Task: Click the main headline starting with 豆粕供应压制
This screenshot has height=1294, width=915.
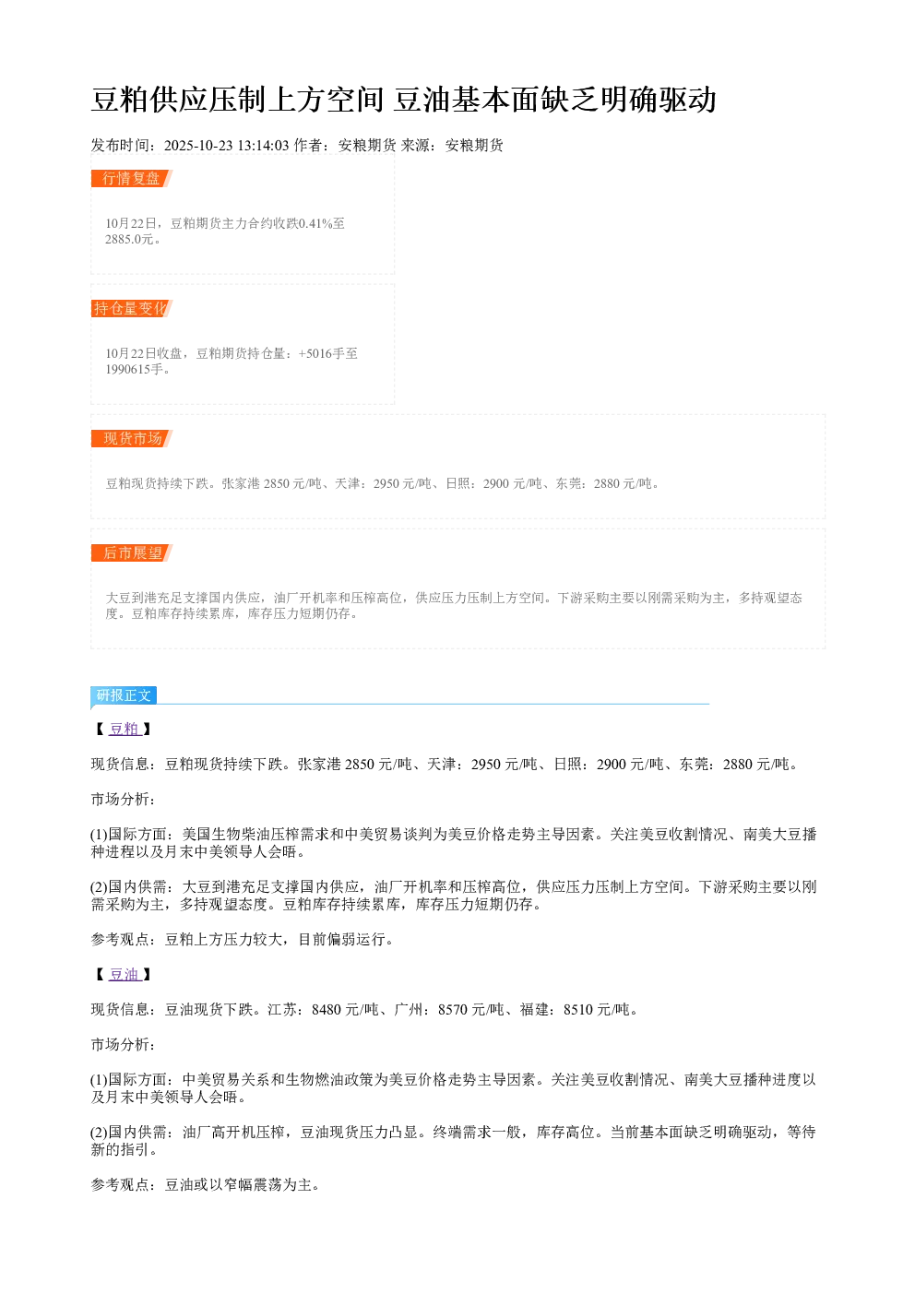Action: [403, 100]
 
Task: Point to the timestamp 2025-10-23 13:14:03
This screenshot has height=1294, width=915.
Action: [226, 146]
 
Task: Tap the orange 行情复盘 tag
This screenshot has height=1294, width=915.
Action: [131, 179]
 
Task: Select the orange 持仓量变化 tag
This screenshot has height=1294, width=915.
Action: [131, 308]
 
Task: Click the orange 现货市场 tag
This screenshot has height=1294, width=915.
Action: [131, 438]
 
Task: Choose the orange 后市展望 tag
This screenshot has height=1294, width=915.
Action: [131, 552]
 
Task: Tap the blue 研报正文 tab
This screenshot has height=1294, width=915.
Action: [124, 694]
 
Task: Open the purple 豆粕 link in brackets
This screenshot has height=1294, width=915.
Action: [125, 729]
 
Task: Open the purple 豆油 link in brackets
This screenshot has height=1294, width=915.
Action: [125, 975]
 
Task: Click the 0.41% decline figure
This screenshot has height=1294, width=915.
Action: [315, 223]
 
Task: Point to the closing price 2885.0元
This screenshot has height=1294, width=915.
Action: [129, 239]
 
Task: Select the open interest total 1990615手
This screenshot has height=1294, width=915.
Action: [134, 369]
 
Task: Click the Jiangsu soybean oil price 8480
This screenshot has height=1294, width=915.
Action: [327, 1010]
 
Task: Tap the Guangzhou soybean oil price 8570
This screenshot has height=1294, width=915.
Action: [453, 1010]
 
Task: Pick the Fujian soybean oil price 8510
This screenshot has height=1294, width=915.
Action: [577, 1010]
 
